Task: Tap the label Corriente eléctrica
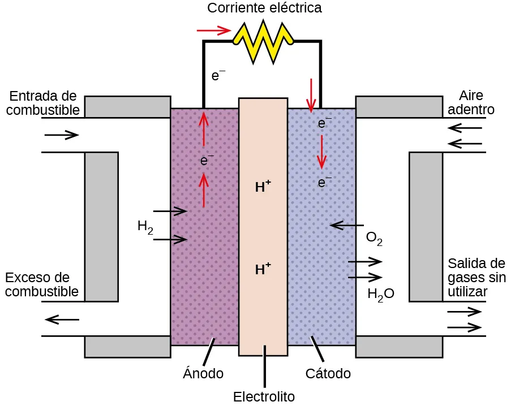(264, 8)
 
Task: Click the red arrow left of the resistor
(213, 30)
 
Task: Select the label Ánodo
(203, 374)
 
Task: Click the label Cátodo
(328, 374)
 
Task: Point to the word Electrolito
(264, 397)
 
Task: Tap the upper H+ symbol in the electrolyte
(263, 187)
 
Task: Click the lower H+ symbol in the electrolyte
(263, 269)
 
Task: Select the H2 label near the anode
(145, 227)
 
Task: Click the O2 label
(374, 237)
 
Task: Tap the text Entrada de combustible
(43, 102)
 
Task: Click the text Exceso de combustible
(41, 284)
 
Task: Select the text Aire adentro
(471, 102)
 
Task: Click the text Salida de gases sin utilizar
(477, 277)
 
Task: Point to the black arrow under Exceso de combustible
(62, 320)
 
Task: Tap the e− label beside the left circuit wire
(218, 75)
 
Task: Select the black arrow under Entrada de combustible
(61, 135)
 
